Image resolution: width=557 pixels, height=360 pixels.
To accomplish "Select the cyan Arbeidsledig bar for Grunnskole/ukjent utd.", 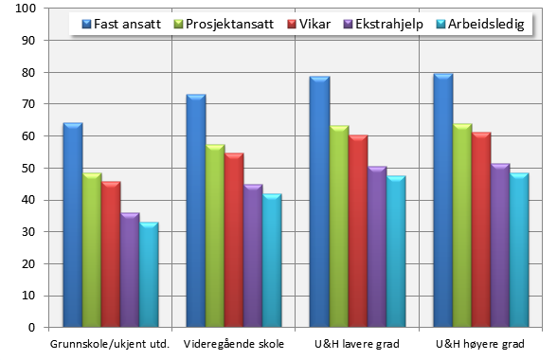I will (x=149, y=275).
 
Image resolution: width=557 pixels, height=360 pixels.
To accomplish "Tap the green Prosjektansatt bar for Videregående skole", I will (x=215, y=236).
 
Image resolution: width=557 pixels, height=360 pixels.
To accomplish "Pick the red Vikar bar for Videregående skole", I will (x=234, y=240).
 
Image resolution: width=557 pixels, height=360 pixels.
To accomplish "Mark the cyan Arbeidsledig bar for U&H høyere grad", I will (x=518, y=250).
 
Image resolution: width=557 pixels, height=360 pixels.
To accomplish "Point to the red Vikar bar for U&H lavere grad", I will (x=357, y=231).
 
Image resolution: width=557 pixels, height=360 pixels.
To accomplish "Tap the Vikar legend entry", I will (x=307, y=24).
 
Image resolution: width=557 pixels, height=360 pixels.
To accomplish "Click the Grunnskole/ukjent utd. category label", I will (x=110, y=343).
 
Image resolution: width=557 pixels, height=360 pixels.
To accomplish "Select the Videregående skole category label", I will (x=233, y=343).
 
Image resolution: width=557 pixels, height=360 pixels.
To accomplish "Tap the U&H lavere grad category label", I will (x=357, y=343).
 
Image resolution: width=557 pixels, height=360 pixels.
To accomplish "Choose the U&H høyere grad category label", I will (x=480, y=343).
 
